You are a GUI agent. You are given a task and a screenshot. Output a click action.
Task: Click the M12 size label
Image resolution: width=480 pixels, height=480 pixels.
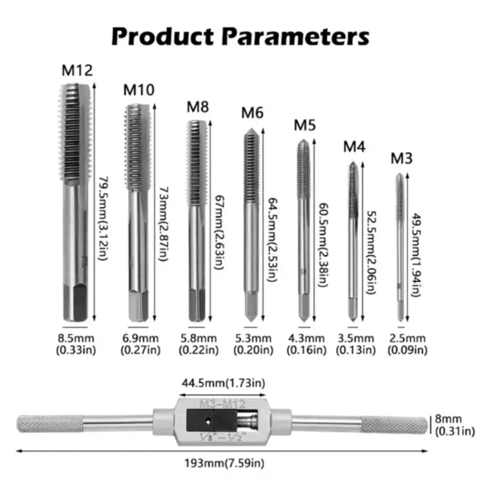(x=77, y=71)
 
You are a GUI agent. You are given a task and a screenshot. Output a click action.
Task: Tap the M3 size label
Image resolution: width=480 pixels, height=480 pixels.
(x=402, y=158)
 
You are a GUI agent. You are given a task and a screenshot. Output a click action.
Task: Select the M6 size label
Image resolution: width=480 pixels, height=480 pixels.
(x=252, y=113)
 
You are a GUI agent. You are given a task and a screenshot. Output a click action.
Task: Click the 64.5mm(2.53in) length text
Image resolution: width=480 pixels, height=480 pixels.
(x=273, y=240)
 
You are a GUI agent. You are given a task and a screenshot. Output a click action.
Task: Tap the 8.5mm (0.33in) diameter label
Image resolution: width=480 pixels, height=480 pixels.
(x=76, y=344)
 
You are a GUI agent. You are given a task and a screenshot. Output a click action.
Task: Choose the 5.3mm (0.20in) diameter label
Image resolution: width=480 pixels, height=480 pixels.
(x=253, y=344)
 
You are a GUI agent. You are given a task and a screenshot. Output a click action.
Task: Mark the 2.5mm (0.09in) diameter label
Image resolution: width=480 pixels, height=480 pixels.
(x=408, y=344)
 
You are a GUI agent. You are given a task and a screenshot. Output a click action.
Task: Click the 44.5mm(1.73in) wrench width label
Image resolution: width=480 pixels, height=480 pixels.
(x=224, y=383)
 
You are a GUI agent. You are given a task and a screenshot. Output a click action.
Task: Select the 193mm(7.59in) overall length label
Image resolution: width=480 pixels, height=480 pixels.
(x=224, y=463)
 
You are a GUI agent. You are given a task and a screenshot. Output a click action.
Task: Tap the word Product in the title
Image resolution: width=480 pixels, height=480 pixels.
(x=162, y=36)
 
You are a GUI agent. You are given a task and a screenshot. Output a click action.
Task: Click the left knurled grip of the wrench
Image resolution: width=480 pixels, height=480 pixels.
(x=49, y=424)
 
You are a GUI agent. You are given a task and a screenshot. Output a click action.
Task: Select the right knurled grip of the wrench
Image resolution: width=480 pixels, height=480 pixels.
(x=394, y=425)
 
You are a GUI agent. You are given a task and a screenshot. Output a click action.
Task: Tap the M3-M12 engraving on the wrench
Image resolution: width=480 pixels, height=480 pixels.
(x=223, y=404)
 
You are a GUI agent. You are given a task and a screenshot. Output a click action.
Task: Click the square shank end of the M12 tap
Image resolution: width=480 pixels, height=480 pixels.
(x=75, y=302)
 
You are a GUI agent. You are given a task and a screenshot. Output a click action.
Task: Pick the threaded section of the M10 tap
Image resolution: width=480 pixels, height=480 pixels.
(x=137, y=147)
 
